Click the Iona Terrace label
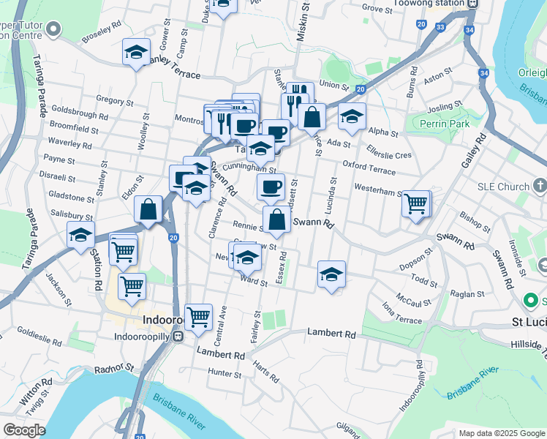point(399,315)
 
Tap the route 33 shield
point(440,27)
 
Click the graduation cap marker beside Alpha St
point(352,116)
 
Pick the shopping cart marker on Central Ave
point(198,317)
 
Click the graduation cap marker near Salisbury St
point(80,235)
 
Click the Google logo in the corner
point(23,430)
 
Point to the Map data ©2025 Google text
point(501,433)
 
